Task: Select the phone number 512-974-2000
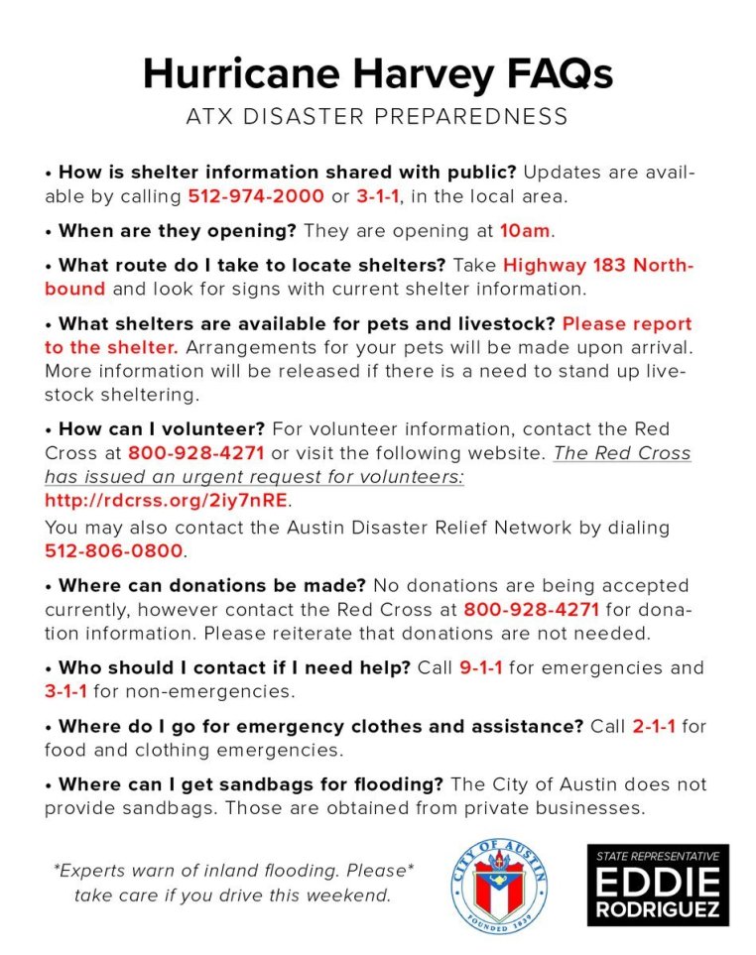(x=256, y=196)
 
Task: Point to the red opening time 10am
(x=525, y=231)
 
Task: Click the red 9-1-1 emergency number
(x=480, y=667)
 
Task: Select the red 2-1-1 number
(x=654, y=727)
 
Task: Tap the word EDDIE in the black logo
(x=658, y=881)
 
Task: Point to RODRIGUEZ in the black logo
(x=658, y=910)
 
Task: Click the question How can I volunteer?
(x=161, y=429)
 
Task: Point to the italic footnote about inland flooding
(x=233, y=884)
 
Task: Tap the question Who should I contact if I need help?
(x=234, y=667)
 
